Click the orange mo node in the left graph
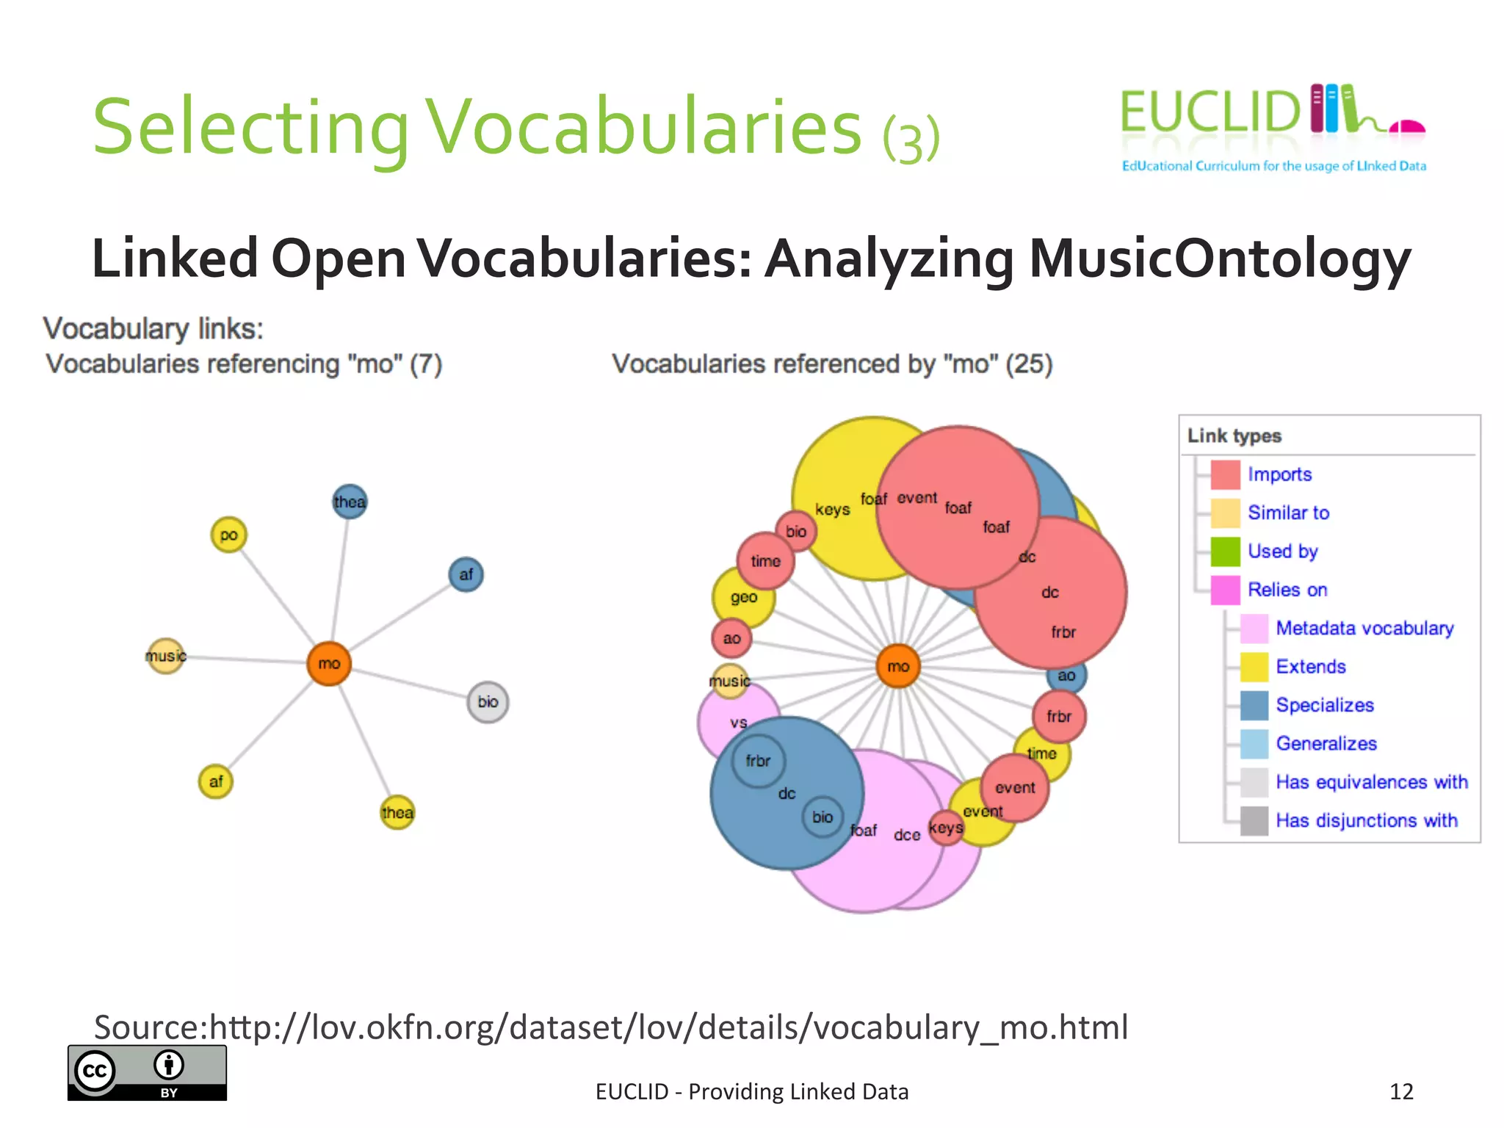(x=328, y=663)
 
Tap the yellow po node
(x=228, y=535)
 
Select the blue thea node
(x=350, y=502)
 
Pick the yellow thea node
(x=397, y=812)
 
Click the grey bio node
(x=488, y=702)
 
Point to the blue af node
(x=466, y=574)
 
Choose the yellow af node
(x=216, y=781)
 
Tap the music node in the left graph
(x=166, y=655)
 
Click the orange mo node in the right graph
(x=898, y=666)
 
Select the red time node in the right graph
(x=765, y=561)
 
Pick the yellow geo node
(x=743, y=598)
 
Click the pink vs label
(x=739, y=723)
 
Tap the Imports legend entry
(x=1279, y=474)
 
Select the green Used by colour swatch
(x=1225, y=552)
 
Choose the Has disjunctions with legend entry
(x=1366, y=820)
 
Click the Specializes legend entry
(x=1324, y=705)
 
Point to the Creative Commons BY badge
(x=147, y=1072)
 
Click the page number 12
(x=1401, y=1091)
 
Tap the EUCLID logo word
(x=1210, y=112)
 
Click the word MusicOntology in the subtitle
(x=1219, y=258)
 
